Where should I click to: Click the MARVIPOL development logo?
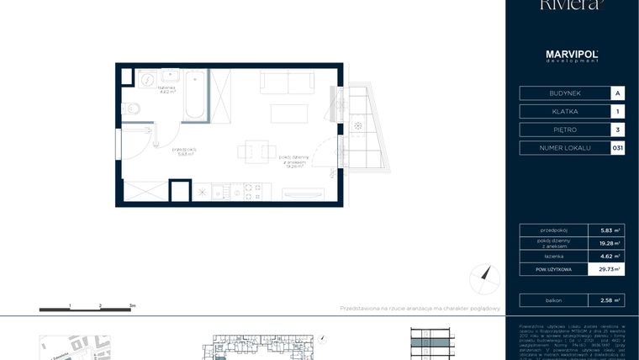coord(572,56)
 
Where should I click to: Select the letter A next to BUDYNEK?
coord(618,93)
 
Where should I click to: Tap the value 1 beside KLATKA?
coord(618,111)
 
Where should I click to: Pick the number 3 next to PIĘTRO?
coord(618,130)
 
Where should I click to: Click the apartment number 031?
coord(618,148)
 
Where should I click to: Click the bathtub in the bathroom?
coord(194,95)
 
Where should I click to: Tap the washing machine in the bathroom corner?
coord(146,79)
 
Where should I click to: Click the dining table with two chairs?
coord(256,151)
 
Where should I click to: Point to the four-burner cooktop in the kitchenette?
coord(252,192)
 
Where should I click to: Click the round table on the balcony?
coord(359,126)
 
